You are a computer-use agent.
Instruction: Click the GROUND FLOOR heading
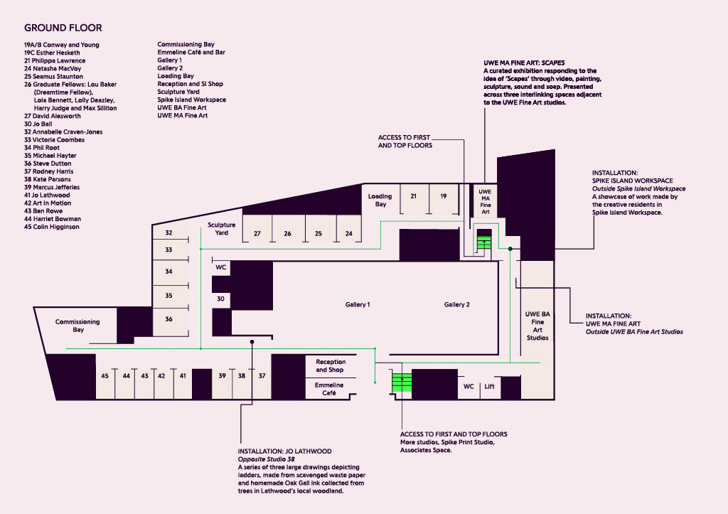[63, 28]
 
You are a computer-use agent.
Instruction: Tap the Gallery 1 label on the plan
[358, 304]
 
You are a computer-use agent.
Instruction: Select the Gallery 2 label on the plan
[457, 304]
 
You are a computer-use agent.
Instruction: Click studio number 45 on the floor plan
[105, 375]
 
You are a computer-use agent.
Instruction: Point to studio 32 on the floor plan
[168, 232]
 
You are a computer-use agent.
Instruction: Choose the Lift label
[489, 386]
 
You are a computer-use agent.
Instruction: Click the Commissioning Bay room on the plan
[77, 326]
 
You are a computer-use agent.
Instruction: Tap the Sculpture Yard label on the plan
[222, 228]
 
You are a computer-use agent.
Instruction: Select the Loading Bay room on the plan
[380, 200]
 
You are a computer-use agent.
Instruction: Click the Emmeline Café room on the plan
[329, 389]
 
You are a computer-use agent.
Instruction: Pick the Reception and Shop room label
[331, 366]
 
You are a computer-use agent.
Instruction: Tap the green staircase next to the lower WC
[402, 382]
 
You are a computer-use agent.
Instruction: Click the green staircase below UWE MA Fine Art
[483, 242]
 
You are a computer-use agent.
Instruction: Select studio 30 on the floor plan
[220, 299]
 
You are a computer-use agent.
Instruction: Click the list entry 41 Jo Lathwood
[47, 195]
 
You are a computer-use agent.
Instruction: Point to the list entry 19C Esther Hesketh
[52, 53]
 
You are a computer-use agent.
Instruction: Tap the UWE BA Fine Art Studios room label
[537, 326]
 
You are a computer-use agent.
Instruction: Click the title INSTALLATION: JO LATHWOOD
[284, 451]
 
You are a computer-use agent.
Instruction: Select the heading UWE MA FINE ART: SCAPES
[524, 63]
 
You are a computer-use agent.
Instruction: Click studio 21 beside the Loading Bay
[413, 196]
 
